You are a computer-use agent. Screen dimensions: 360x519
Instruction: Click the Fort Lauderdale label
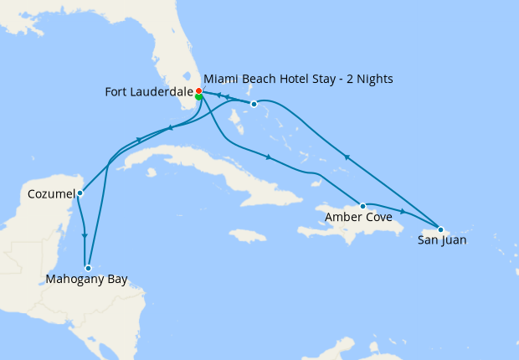pyautogui.click(x=148, y=92)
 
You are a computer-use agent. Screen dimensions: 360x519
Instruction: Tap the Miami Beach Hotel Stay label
pyautogui.click(x=299, y=79)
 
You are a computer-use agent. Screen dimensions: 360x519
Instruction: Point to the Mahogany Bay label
pyautogui.click(x=88, y=280)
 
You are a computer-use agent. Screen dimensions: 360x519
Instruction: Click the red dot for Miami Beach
pyautogui.click(x=198, y=90)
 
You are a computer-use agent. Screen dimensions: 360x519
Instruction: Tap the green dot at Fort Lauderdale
pyautogui.click(x=198, y=97)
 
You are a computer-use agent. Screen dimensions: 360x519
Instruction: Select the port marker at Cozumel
pyautogui.click(x=80, y=193)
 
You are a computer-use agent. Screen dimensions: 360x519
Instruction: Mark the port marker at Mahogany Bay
pyautogui.click(x=88, y=268)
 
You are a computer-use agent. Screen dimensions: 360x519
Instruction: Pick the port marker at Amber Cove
pyautogui.click(x=362, y=206)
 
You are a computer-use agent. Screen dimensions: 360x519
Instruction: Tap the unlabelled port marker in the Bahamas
pyautogui.click(x=254, y=105)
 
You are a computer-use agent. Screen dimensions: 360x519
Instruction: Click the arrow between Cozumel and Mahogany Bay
pyautogui.click(x=85, y=236)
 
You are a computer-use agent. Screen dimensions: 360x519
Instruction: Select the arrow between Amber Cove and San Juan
pyautogui.click(x=403, y=212)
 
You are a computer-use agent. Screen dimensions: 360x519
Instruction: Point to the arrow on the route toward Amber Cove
pyautogui.click(x=267, y=157)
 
